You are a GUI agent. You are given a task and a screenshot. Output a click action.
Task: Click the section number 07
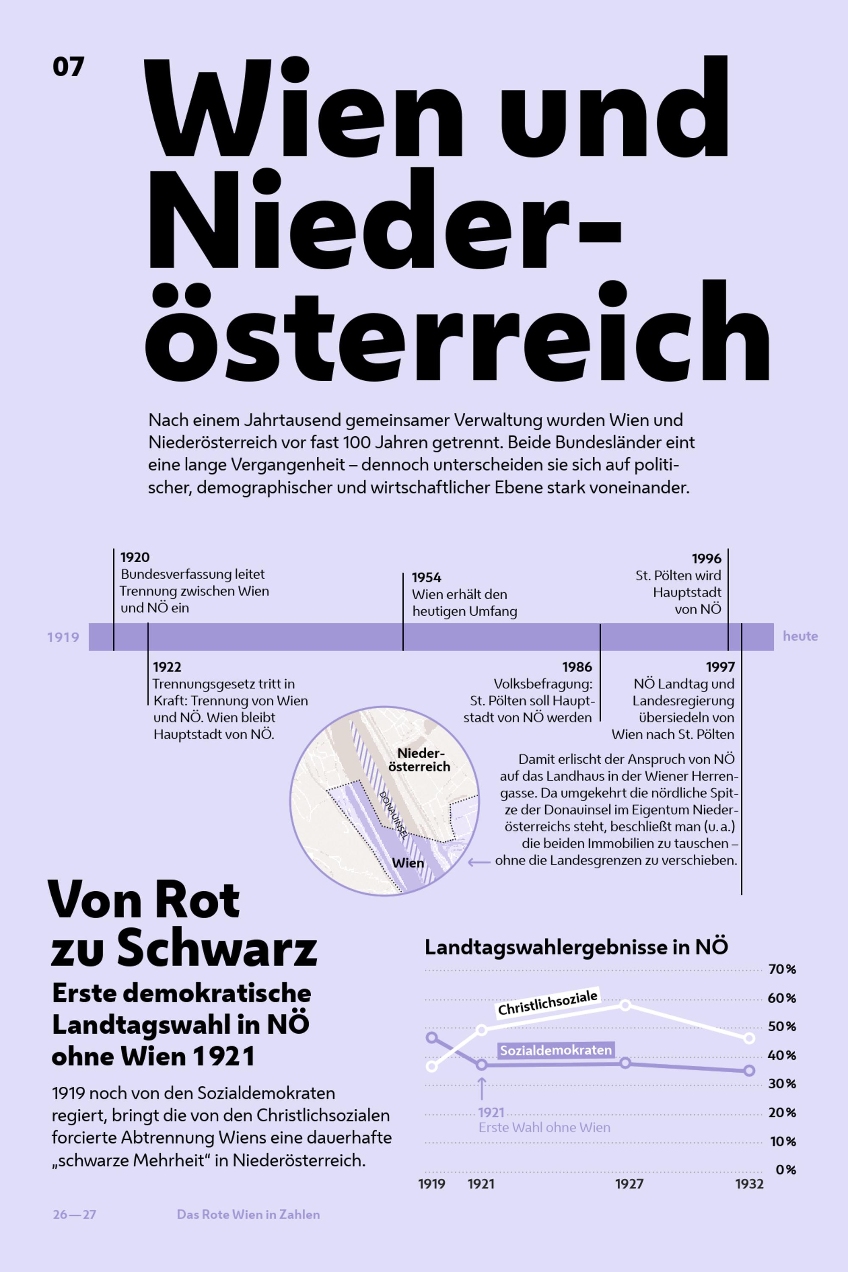coord(69,67)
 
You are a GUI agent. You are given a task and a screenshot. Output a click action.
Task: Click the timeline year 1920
coord(135,557)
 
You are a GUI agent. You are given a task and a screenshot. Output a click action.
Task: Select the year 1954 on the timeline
coord(426,577)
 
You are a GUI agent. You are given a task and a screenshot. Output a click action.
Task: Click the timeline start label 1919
coord(63,637)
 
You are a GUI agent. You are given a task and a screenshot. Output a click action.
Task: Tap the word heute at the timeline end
coord(801,636)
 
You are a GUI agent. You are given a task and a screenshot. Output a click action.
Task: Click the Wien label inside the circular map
coord(408,862)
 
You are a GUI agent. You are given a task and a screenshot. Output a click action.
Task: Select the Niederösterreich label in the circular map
coord(420,760)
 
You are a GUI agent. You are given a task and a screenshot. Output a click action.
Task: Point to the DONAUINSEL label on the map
coord(394,815)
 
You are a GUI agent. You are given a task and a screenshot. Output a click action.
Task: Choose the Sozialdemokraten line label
coord(556,1050)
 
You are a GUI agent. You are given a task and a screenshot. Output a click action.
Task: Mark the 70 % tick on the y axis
coord(782,970)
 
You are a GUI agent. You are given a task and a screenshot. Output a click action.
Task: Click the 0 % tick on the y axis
coord(786,1169)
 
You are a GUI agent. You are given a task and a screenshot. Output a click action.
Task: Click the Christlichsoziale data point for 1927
coord(625,1005)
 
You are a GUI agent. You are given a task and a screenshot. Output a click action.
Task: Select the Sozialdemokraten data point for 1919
coord(432,1037)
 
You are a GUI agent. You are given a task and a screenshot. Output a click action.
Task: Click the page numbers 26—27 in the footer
coord(75,1214)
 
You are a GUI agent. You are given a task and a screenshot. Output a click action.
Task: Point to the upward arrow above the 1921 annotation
coord(481,1088)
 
